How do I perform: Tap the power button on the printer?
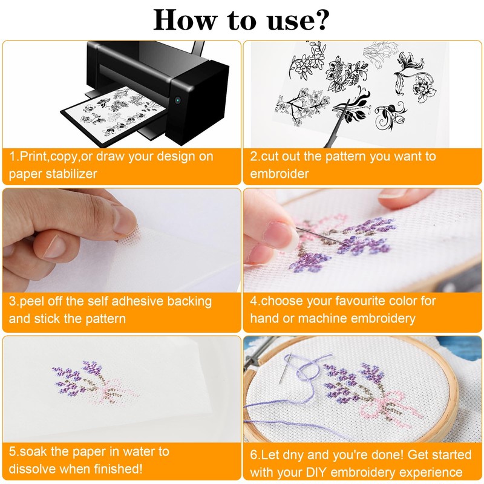[177, 100]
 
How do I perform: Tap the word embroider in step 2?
[280, 174]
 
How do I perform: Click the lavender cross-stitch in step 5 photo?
[93, 383]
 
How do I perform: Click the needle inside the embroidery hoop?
[286, 368]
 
